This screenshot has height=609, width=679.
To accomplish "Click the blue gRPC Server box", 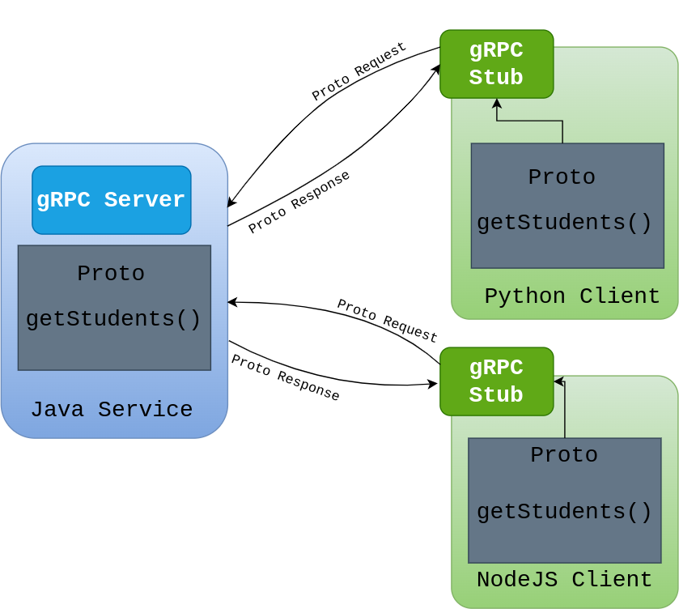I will [x=112, y=200].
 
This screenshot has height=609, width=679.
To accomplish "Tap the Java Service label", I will [x=112, y=410].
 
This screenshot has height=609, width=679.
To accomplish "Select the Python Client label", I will [x=571, y=296].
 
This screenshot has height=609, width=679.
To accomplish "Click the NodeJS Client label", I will [x=564, y=580].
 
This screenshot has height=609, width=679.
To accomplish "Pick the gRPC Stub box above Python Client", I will [x=496, y=64].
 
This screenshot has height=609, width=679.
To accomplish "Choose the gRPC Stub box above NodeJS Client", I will [x=496, y=381].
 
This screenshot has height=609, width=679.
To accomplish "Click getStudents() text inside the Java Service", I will [x=113, y=319].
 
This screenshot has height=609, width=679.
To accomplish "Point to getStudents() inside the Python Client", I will [x=564, y=223].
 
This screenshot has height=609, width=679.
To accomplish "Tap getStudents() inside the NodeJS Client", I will [x=564, y=512].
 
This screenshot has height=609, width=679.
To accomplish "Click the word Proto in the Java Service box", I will [x=111, y=274].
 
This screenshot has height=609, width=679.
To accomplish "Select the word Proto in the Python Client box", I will [x=562, y=177].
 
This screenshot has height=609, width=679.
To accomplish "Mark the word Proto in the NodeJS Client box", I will [x=564, y=455].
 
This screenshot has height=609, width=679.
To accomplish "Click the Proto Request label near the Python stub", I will [x=359, y=72].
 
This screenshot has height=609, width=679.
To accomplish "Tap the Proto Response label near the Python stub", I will [x=299, y=202].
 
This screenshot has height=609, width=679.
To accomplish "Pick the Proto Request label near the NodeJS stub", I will [x=387, y=321].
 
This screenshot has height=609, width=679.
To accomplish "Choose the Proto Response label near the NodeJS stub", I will [x=285, y=377].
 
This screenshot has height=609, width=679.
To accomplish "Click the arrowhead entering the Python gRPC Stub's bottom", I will [x=497, y=103].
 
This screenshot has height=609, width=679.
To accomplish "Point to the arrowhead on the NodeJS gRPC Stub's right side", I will [x=558, y=381].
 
